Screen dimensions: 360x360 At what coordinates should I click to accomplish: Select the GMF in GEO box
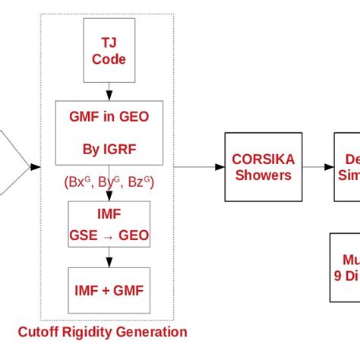tap(108, 134)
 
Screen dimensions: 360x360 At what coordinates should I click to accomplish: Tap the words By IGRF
tap(108, 150)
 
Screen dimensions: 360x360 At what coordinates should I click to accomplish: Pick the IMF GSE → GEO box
tap(108, 223)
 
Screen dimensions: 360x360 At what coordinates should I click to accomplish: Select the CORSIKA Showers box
tap(260, 166)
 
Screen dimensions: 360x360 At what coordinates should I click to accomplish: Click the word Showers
tap(260, 175)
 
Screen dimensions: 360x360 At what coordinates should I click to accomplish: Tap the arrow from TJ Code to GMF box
tap(108, 91)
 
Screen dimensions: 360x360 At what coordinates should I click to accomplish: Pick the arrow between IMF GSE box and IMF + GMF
tap(108, 257)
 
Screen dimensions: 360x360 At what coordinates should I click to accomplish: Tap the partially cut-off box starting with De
tap(346, 166)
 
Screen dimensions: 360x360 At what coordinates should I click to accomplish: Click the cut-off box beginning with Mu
tap(345, 268)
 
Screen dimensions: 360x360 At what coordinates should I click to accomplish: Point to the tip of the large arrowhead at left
tap(29, 166)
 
